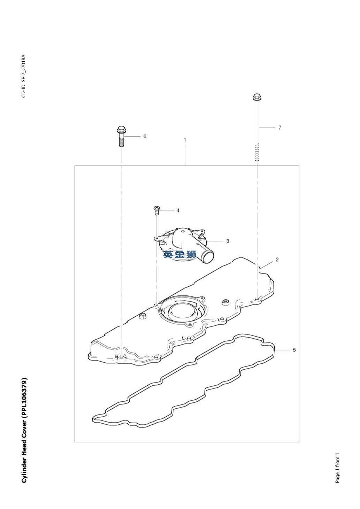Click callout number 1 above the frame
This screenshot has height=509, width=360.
click(x=185, y=140)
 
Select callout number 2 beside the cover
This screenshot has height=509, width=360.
click(x=277, y=260)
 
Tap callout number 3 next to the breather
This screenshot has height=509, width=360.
click(x=228, y=241)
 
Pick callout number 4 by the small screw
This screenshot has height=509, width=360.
click(x=178, y=210)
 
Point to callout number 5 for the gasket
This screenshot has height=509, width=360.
click(x=294, y=350)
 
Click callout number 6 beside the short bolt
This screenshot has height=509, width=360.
click(x=145, y=136)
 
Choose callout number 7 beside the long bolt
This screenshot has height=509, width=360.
click(x=280, y=128)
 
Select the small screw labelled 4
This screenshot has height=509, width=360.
click(x=156, y=210)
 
